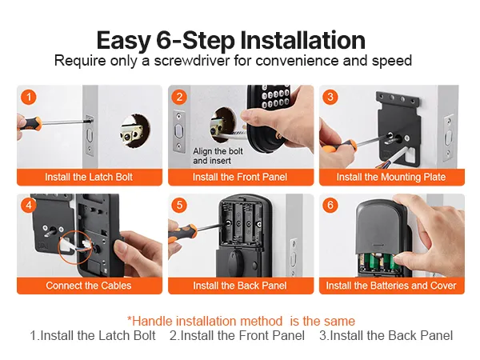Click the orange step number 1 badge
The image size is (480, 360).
tap(29, 98)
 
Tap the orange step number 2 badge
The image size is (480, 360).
tap(179, 98)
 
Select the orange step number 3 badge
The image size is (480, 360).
tap(330, 98)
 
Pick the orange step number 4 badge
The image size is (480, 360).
tap(29, 205)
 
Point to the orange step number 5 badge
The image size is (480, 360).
tap(179, 205)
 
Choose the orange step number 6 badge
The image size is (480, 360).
tap(330, 205)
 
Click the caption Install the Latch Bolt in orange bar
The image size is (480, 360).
tap(89, 177)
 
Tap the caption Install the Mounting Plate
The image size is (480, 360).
tap(391, 177)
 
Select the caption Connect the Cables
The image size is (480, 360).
tap(89, 286)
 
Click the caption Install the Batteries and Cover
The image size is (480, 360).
tap(391, 286)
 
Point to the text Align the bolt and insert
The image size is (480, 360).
tap(218, 156)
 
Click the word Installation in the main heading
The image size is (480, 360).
tap(302, 40)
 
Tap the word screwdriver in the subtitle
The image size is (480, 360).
tap(192, 60)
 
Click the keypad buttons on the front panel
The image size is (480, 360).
tap(275, 97)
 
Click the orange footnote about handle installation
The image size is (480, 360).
tap(241, 321)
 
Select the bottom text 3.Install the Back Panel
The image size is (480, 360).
tap(386, 335)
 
